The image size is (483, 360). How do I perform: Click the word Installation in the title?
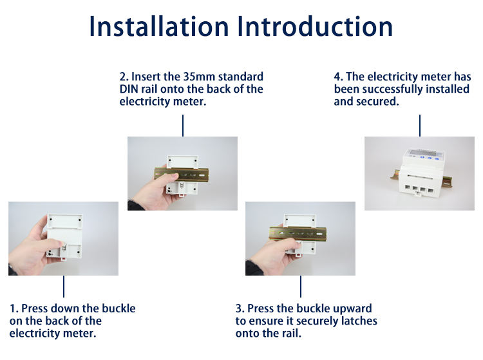(158, 26)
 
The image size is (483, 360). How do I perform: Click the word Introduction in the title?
(315, 26)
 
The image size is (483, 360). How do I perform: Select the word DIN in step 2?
(129, 90)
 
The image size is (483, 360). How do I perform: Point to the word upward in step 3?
(352, 308)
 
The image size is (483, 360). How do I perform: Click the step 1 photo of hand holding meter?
(63, 238)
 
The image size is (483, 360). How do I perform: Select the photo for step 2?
(182, 173)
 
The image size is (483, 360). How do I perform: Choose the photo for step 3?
(300, 238)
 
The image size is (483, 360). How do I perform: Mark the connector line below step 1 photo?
(63, 286)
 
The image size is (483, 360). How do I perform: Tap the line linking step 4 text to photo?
(419, 125)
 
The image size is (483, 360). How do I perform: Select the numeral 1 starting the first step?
(13, 308)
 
